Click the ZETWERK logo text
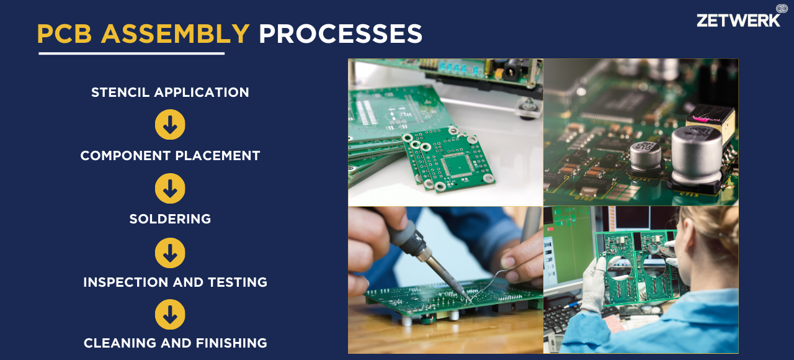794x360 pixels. (x=738, y=20)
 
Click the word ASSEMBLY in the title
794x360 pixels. (x=175, y=34)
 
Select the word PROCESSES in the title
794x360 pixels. (x=341, y=34)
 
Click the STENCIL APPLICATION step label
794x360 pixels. (x=170, y=92)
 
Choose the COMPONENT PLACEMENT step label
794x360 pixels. (x=170, y=156)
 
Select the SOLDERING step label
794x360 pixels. (x=170, y=219)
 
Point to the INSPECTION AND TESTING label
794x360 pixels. (x=175, y=282)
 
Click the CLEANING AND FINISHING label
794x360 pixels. (x=175, y=343)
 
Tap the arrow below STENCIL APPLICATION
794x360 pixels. (x=170, y=125)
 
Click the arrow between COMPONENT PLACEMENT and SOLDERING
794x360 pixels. (x=170, y=188)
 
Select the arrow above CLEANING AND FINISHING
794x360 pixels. (x=170, y=314)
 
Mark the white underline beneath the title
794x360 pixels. (x=132, y=53)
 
